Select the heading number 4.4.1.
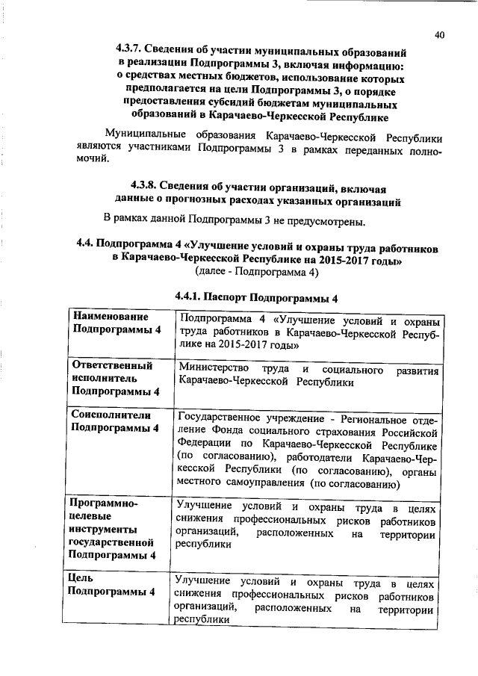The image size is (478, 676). tap(190, 297)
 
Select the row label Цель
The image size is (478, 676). tap(80, 578)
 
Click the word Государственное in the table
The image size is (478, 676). tap(220, 418)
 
